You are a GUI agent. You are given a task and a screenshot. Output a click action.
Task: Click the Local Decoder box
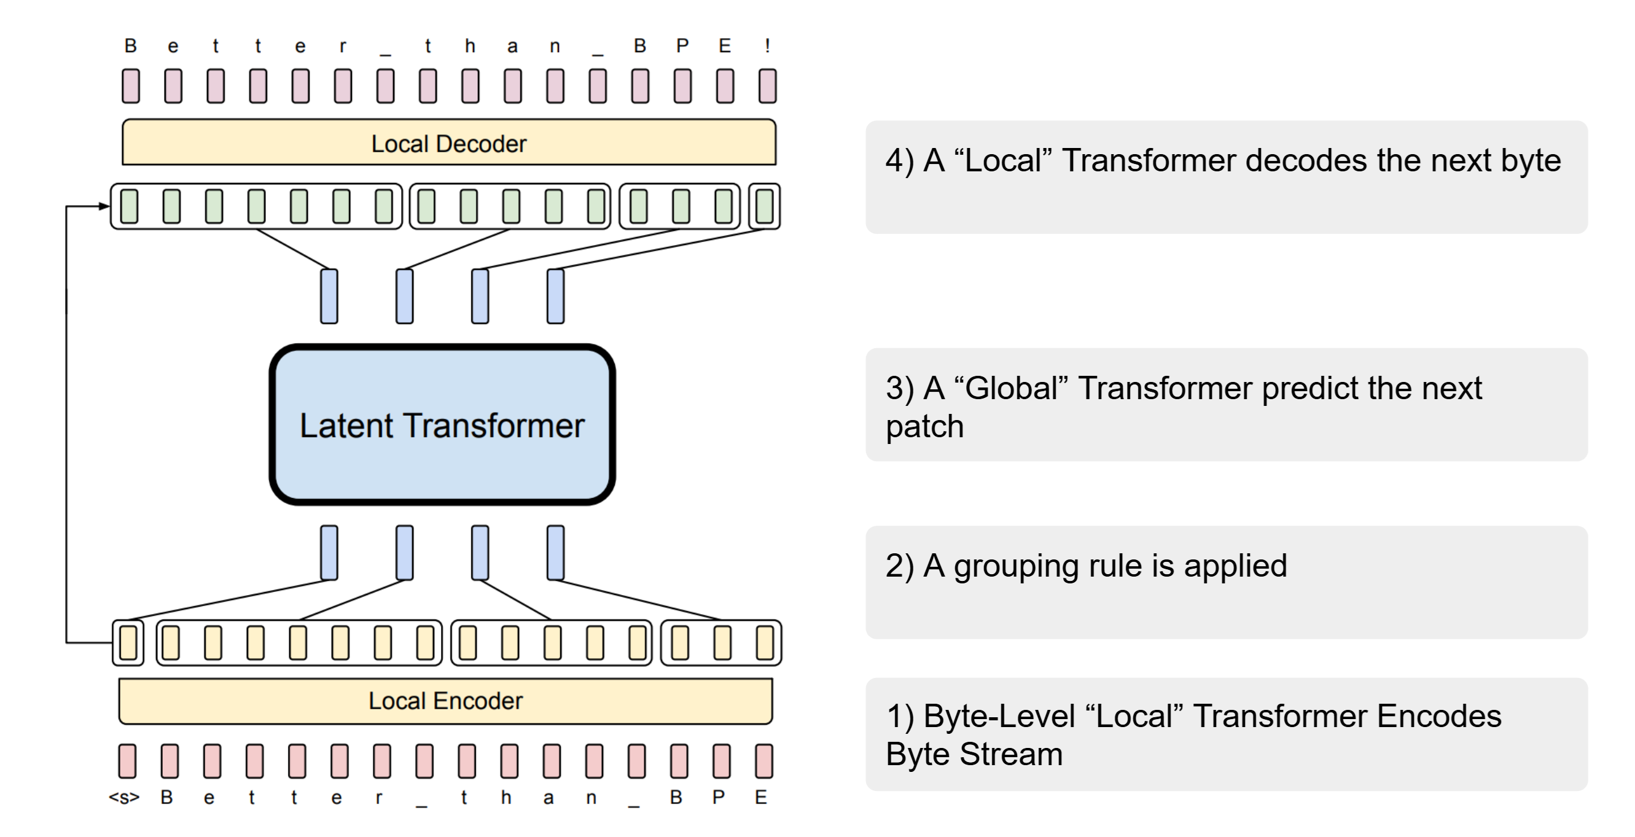point(449,143)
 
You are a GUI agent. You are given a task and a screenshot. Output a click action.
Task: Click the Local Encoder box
point(445,701)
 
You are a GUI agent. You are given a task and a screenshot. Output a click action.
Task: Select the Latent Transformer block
point(442,424)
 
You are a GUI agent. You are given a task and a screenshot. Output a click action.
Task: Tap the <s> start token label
point(124,797)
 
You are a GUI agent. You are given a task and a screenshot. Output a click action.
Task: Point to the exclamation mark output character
point(767,45)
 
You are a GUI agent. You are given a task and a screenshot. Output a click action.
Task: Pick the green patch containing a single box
point(765,206)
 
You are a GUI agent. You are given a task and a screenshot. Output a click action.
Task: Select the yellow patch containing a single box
point(128,643)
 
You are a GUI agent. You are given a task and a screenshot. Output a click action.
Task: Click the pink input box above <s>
point(128,761)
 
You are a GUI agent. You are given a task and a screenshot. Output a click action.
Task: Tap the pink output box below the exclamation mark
point(767,86)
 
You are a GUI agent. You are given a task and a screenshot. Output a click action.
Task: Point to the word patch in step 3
point(925,426)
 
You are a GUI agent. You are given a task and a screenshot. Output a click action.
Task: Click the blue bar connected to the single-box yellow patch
point(329,552)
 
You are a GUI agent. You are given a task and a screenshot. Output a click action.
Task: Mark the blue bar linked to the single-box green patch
point(555,297)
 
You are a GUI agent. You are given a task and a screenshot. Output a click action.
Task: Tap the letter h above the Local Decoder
point(470,45)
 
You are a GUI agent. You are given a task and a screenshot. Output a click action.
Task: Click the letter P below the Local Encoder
point(719,797)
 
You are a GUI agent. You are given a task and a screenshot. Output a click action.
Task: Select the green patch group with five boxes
point(510,206)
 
